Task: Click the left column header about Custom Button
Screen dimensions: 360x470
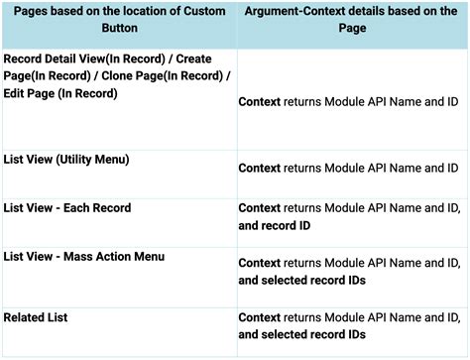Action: (118, 19)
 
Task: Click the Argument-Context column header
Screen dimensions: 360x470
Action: (352, 19)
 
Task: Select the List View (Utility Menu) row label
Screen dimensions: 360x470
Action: (66, 159)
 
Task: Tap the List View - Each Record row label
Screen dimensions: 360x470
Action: (67, 207)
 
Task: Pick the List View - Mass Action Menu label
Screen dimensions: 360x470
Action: (84, 256)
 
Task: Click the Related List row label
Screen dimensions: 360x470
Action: (35, 317)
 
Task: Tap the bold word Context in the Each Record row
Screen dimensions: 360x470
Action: (260, 207)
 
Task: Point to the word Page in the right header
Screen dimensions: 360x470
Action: (352, 28)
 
